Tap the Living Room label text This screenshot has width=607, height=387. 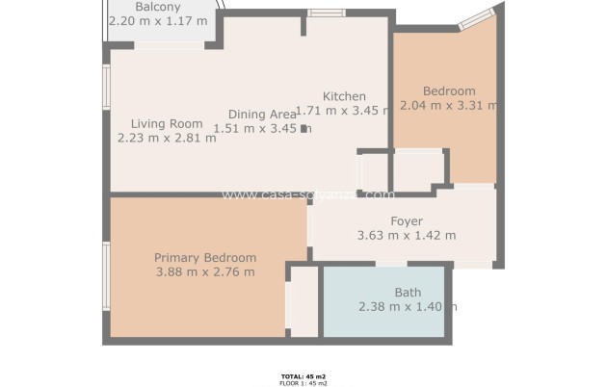coord(167,123)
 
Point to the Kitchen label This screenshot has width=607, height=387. coord(344,96)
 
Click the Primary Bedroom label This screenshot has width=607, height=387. coord(205,258)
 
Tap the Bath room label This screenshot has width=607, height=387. coord(408,293)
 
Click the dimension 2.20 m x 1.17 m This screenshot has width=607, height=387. coord(158,20)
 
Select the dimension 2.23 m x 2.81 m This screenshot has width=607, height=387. coord(167,138)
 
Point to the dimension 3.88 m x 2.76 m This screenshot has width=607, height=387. coord(205,272)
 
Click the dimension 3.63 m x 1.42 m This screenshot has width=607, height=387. coord(406,236)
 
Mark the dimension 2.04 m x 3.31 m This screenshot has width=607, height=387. coord(449,106)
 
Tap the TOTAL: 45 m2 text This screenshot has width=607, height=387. coord(303,375)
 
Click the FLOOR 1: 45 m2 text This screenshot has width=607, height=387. coord(303,382)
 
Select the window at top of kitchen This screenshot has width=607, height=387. coord(327,13)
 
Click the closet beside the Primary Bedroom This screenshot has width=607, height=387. coord(303,301)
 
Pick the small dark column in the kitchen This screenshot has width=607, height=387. coord(304,127)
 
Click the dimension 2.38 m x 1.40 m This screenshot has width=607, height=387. coord(407,307)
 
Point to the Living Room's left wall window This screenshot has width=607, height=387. coord(107,84)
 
